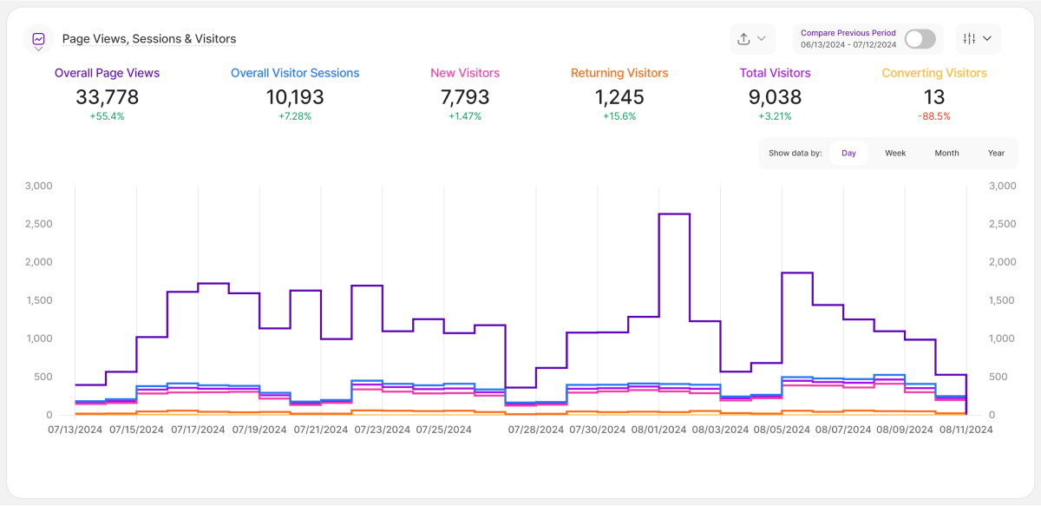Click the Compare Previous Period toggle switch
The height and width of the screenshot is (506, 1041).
(x=920, y=39)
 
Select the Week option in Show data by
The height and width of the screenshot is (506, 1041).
(x=895, y=153)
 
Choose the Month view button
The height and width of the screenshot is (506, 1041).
(x=946, y=153)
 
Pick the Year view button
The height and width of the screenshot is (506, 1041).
(x=996, y=153)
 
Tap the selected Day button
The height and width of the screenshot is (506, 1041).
(x=848, y=153)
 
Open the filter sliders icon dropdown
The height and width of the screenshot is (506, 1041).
(x=978, y=39)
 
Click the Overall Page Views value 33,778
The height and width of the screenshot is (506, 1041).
(x=107, y=97)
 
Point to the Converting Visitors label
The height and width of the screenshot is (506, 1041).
(x=934, y=74)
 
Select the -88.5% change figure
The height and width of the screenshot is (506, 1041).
(x=934, y=116)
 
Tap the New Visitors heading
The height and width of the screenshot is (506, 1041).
(x=465, y=74)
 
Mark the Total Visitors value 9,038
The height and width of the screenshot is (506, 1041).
(x=775, y=97)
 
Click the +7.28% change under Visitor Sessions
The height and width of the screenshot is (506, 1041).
(x=295, y=116)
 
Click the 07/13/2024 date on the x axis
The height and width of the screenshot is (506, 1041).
(x=75, y=429)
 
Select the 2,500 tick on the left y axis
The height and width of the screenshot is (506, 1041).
(x=39, y=224)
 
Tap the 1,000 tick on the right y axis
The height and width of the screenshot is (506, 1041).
(x=1003, y=338)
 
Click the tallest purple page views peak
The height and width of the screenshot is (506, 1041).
(x=674, y=214)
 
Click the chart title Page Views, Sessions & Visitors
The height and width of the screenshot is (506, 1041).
(x=149, y=39)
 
